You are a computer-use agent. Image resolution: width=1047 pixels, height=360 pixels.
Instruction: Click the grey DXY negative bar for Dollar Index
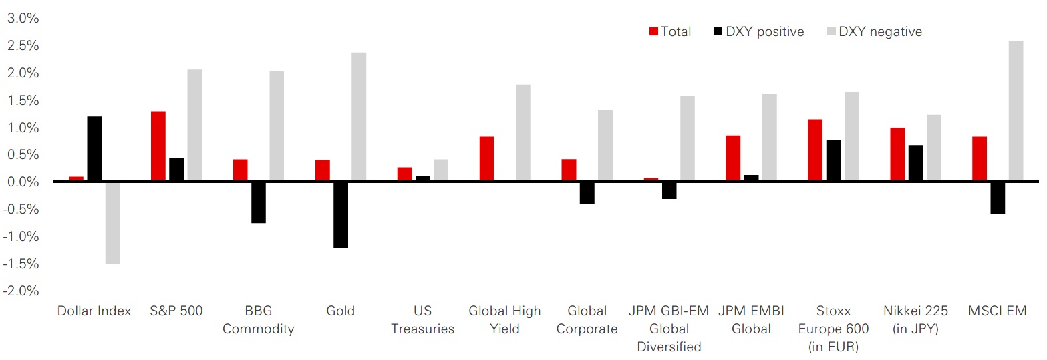(112, 223)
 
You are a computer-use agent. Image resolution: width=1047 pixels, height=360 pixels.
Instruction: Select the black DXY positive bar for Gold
(341, 214)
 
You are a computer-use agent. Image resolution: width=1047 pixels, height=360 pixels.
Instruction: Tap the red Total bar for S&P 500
(158, 146)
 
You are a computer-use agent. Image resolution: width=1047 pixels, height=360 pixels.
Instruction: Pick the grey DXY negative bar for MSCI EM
(1016, 111)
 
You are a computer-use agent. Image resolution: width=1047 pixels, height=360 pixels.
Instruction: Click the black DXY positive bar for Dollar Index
(94, 149)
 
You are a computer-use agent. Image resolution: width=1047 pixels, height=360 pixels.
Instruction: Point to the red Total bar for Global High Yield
(486, 159)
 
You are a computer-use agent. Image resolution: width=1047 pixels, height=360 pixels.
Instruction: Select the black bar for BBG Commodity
(259, 202)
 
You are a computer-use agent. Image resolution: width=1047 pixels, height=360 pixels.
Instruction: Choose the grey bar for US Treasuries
(441, 170)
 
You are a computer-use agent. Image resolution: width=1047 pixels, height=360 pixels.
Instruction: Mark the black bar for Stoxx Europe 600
(833, 161)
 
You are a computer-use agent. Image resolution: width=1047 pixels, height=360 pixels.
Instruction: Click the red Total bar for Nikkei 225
(898, 154)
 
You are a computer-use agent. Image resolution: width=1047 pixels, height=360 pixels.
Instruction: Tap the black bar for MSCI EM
(998, 198)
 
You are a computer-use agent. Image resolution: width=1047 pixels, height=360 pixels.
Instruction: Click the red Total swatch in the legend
(654, 31)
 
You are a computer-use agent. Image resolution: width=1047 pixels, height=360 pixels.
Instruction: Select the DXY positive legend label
(765, 31)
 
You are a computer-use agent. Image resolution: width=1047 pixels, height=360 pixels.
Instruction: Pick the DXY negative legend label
(880, 31)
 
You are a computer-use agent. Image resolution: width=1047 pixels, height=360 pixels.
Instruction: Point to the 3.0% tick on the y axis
(23, 18)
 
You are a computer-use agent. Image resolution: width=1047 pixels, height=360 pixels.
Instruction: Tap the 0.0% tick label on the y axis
(23, 182)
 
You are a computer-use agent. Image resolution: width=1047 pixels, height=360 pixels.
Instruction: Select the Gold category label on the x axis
(341, 311)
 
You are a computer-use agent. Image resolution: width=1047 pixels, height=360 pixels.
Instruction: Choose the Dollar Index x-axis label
(94, 311)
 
